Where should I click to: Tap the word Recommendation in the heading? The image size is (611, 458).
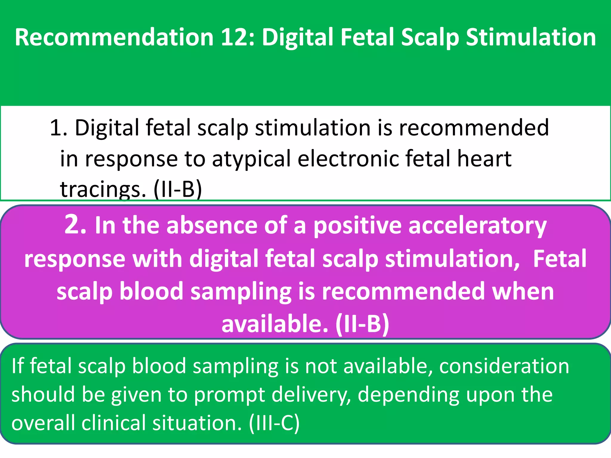tap(114, 37)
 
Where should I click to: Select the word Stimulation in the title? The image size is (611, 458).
tap(531, 37)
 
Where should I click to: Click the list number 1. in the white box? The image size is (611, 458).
tap(58, 128)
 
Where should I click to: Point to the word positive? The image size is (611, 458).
tap(357, 226)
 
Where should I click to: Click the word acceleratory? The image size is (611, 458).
tap(477, 226)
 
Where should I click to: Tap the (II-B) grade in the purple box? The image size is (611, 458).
tap(362, 324)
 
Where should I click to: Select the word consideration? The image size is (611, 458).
tap(504, 366)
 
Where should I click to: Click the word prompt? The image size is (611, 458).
tap(229, 395)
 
